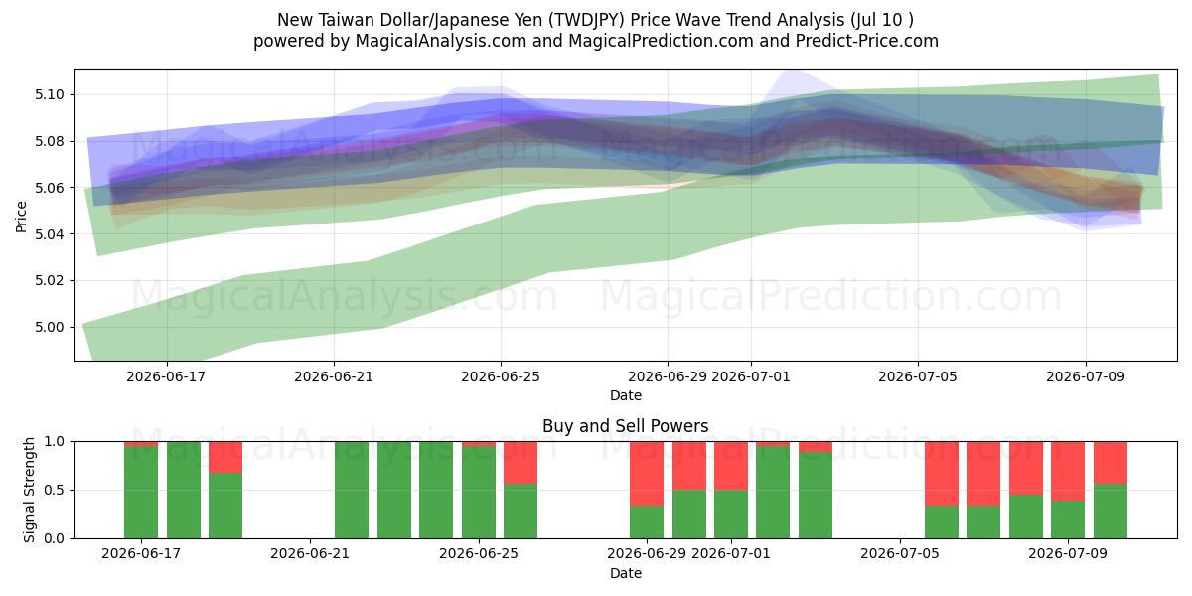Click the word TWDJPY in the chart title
587,20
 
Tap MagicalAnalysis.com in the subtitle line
441,41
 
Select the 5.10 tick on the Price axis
49,95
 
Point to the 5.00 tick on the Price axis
49,327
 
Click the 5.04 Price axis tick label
49,234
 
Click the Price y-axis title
21,217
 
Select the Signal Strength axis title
29,490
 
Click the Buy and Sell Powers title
625,426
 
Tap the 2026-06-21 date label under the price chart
334,376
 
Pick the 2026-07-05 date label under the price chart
918,376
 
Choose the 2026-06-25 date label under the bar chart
479,553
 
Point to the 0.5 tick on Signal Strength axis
55,490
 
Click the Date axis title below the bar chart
625,573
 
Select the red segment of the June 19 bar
225,457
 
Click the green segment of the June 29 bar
647,522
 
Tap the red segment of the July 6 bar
942,474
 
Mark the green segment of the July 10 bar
1111,512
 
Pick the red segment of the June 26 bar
521,463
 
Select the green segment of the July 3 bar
816,496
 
